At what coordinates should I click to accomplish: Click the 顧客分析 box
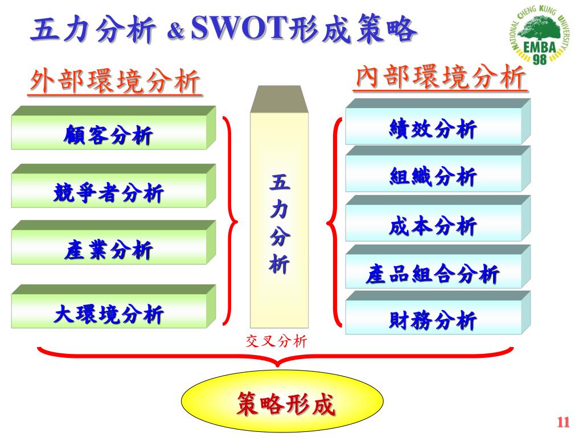tap(108, 136)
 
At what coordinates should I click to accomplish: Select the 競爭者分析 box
tap(108, 193)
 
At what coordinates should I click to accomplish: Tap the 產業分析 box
tap(108, 250)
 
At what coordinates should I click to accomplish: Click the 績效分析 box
tap(433, 130)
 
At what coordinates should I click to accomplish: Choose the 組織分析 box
tap(433, 177)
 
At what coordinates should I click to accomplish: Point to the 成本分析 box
tap(433, 226)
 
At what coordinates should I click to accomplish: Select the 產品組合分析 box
tap(433, 275)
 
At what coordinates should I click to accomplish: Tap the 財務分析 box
tap(433, 321)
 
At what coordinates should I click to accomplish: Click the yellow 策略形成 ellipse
tap(282, 404)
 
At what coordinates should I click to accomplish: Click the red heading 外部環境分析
tap(116, 83)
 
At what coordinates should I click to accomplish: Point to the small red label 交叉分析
tap(276, 341)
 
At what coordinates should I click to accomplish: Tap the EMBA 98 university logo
tap(538, 39)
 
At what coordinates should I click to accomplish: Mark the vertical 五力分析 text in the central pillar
tap(280, 225)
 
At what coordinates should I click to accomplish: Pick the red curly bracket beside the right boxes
tap(334, 222)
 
